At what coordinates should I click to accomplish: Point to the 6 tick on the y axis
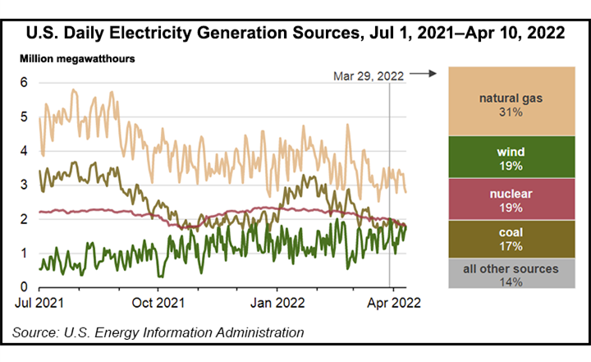pyautogui.click(x=25, y=82)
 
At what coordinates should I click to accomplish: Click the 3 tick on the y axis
pyautogui.click(x=25, y=185)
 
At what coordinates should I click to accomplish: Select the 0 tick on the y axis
pyautogui.click(x=25, y=287)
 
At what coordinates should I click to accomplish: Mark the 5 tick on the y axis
pyautogui.click(x=25, y=117)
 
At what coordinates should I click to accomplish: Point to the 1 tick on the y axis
pyautogui.click(x=25, y=253)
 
